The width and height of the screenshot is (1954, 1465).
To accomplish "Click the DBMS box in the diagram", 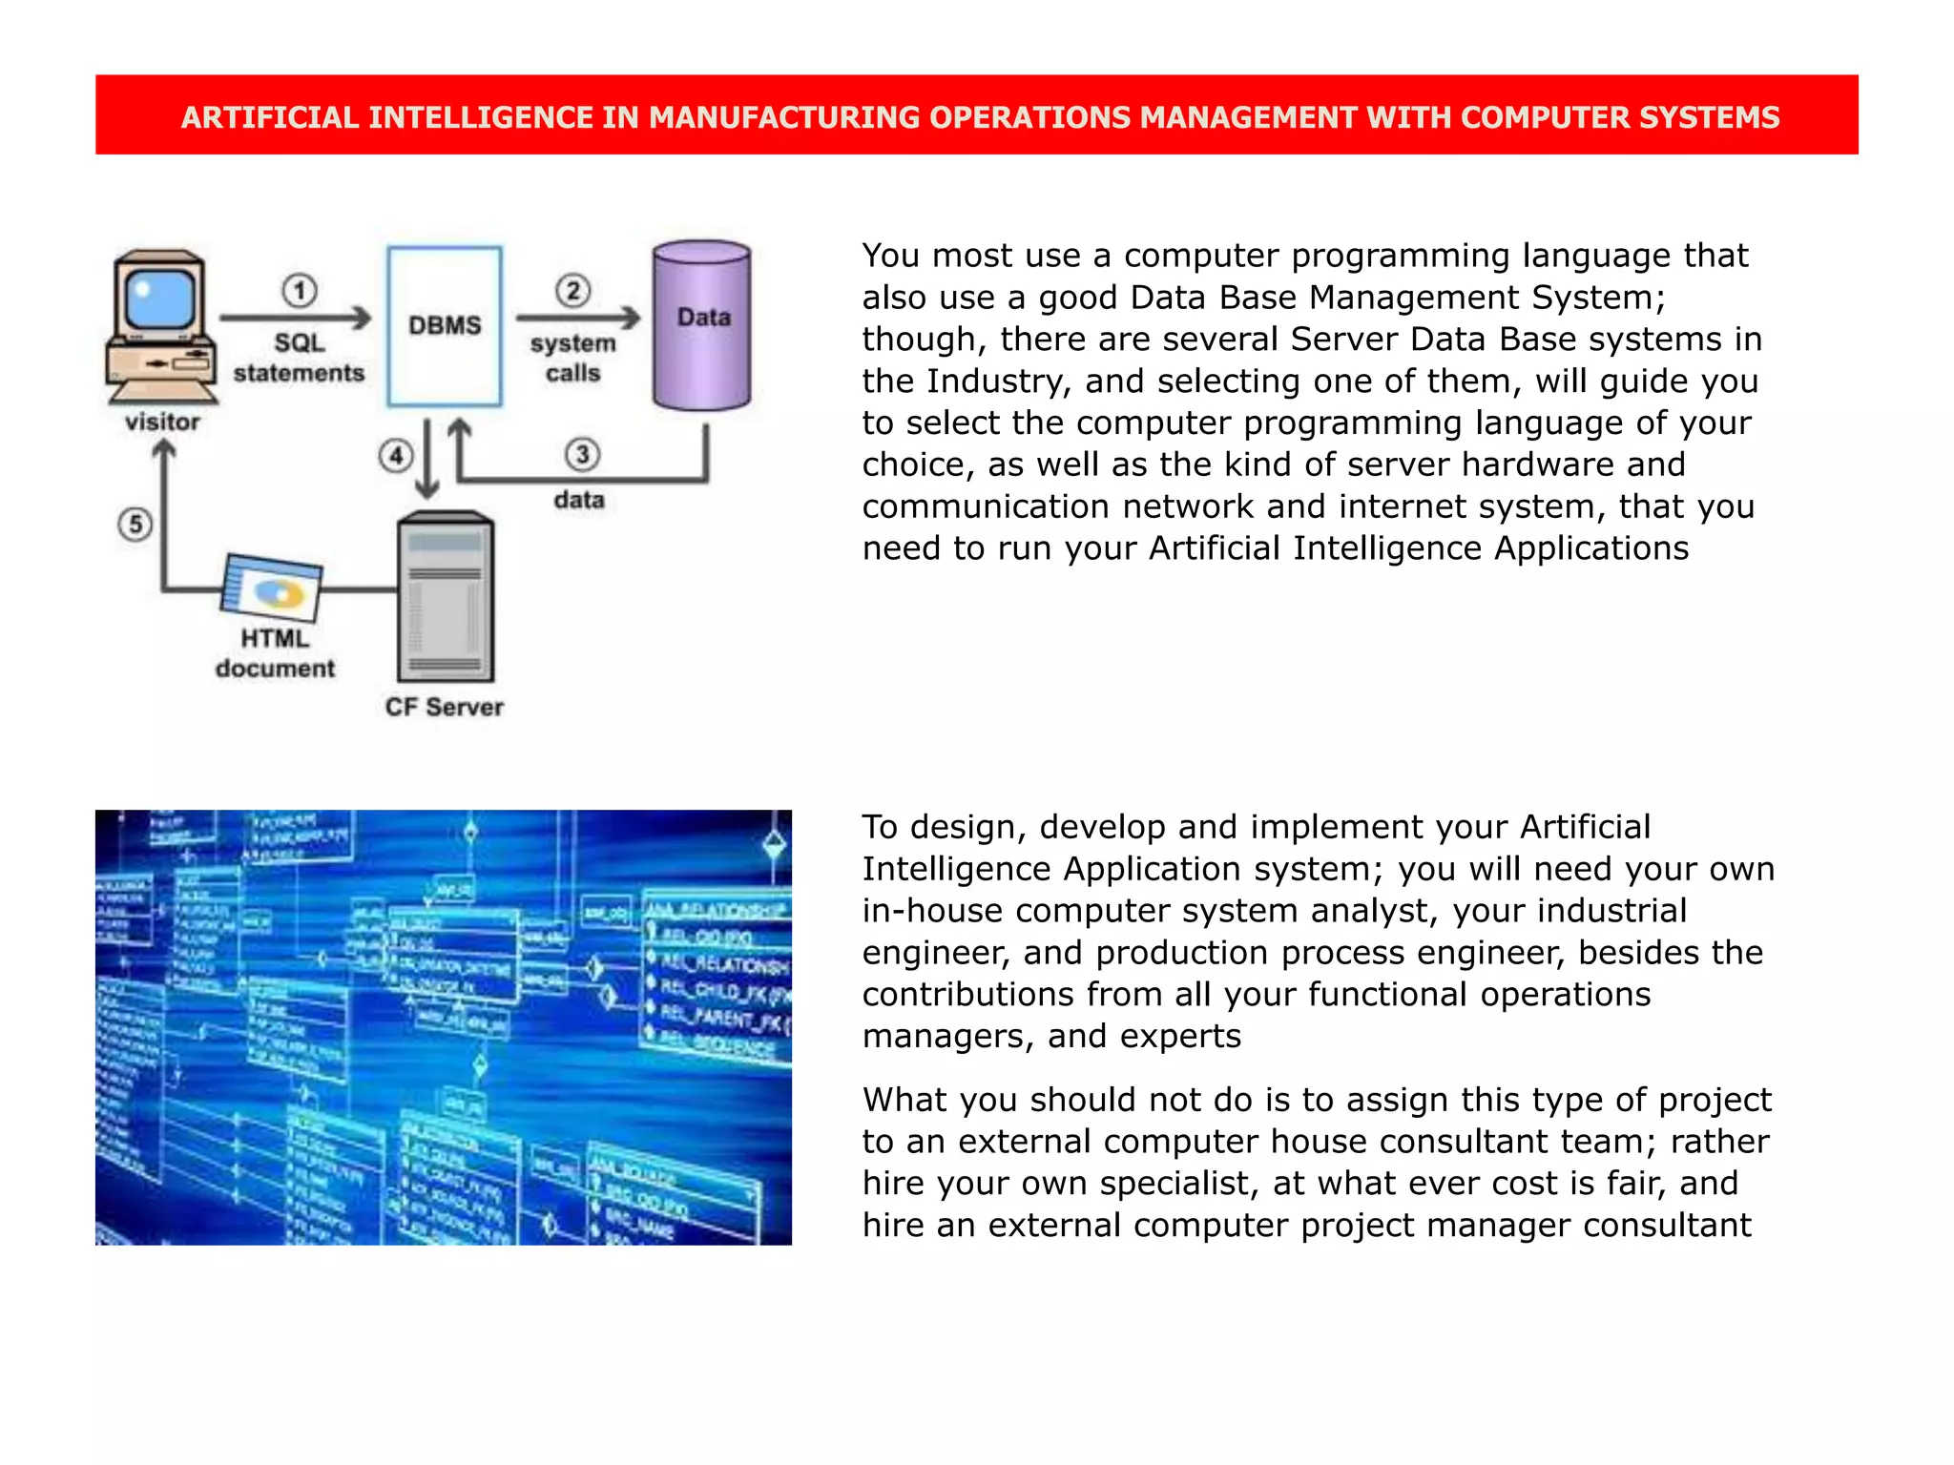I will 445,326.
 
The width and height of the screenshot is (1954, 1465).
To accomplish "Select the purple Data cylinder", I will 702,326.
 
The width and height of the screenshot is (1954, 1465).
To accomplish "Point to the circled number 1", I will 300,290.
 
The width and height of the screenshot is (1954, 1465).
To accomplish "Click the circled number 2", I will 573,290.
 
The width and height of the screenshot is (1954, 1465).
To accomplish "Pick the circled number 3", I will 582,454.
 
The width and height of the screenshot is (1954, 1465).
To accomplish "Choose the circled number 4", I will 396,456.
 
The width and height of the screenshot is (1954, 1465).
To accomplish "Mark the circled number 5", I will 135,524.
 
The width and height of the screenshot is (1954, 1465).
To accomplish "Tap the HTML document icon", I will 273,586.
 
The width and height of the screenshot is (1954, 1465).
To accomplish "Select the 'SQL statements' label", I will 299,358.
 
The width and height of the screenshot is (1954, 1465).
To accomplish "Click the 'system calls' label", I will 573,358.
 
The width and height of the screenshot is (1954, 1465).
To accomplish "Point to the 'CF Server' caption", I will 445,707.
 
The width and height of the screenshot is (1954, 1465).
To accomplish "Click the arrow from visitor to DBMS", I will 295,318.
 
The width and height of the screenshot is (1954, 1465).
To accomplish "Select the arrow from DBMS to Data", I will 577,318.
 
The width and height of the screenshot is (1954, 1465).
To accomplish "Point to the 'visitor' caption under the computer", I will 162,422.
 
